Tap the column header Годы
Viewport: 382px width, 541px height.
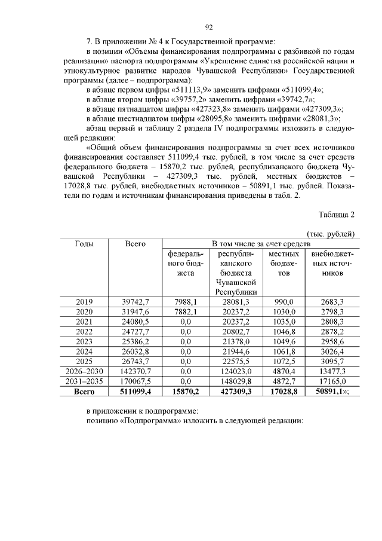click(x=84, y=243)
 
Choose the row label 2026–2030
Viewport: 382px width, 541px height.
click(x=84, y=371)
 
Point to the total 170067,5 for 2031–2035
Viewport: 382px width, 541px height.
click(x=135, y=381)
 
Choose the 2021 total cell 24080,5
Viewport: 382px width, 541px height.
click(x=135, y=322)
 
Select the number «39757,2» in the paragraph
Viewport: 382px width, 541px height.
click(x=183, y=100)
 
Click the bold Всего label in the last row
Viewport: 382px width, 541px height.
click(x=84, y=392)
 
